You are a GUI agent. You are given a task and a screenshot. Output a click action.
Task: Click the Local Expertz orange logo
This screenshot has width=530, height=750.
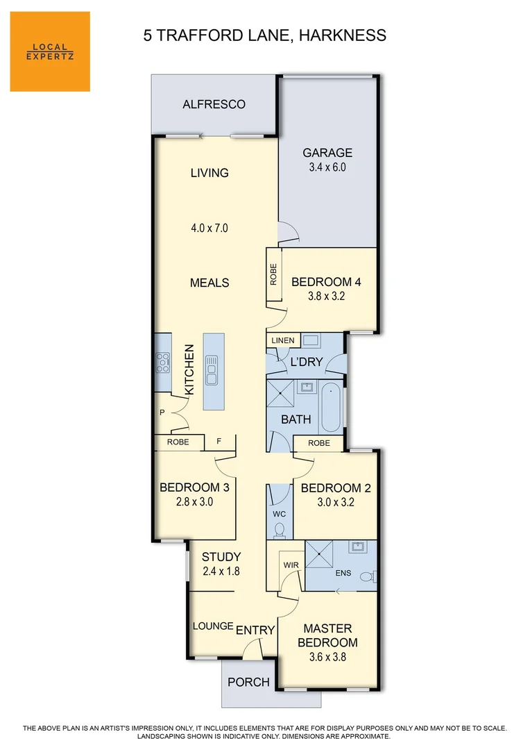coord(50,51)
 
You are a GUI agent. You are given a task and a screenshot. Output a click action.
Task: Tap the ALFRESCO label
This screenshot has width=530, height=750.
coord(214,104)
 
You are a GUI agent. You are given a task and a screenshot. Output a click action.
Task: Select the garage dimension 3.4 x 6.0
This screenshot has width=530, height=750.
coord(327,167)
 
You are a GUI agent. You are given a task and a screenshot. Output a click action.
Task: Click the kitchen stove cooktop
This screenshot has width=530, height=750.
coord(163,361)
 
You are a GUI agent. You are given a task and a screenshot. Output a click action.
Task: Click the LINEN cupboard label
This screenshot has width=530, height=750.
coord(282,340)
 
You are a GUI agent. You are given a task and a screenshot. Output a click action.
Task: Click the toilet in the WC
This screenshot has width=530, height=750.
coord(280,531)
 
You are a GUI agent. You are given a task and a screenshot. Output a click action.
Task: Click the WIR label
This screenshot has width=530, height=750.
coord(291,565)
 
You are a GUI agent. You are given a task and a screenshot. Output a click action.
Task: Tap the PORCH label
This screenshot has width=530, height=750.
coord(249,682)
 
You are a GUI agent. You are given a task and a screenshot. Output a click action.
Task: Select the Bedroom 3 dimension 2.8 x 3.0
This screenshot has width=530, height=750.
coord(194,501)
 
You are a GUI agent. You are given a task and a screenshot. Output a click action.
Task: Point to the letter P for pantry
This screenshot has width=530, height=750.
coord(162,412)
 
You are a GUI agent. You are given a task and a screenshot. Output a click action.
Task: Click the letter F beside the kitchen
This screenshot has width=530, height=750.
coord(219,441)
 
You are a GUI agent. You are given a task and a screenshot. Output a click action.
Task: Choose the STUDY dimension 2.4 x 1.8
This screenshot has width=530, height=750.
coord(221,572)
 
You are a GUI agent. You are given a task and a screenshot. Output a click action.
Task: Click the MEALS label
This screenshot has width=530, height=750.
coord(210,283)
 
